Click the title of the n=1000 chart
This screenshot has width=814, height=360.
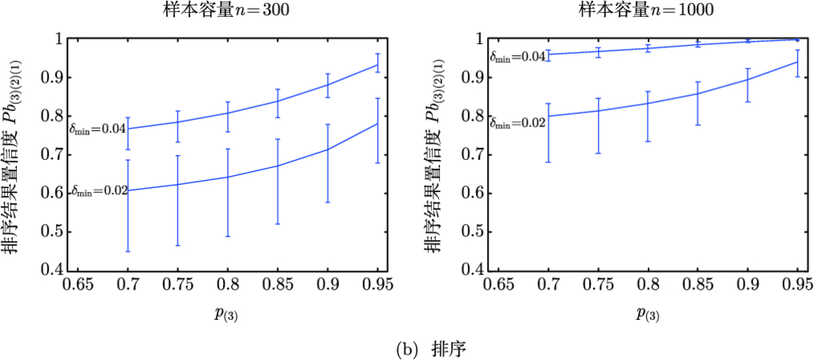coord(647,10)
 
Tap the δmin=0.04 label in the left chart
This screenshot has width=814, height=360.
coord(97,128)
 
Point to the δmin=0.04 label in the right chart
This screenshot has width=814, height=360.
coord(517,58)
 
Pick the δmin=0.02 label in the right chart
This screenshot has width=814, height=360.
coord(517,123)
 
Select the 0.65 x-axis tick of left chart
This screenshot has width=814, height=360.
coord(78,286)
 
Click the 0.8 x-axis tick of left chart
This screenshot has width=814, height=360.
coord(228,286)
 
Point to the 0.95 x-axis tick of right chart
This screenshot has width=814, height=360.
coord(796,286)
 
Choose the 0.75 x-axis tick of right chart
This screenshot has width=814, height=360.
coord(597,286)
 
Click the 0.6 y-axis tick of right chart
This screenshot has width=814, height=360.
coord(474,193)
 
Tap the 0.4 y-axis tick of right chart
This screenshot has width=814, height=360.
coord(474,270)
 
